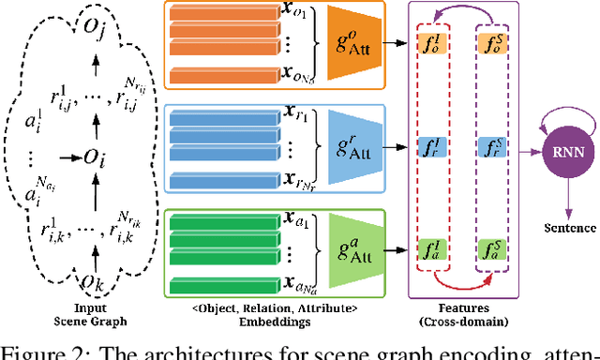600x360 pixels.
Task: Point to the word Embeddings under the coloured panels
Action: pyautogui.click(x=267, y=321)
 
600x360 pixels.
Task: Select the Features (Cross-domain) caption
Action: pyautogui.click(x=461, y=315)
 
